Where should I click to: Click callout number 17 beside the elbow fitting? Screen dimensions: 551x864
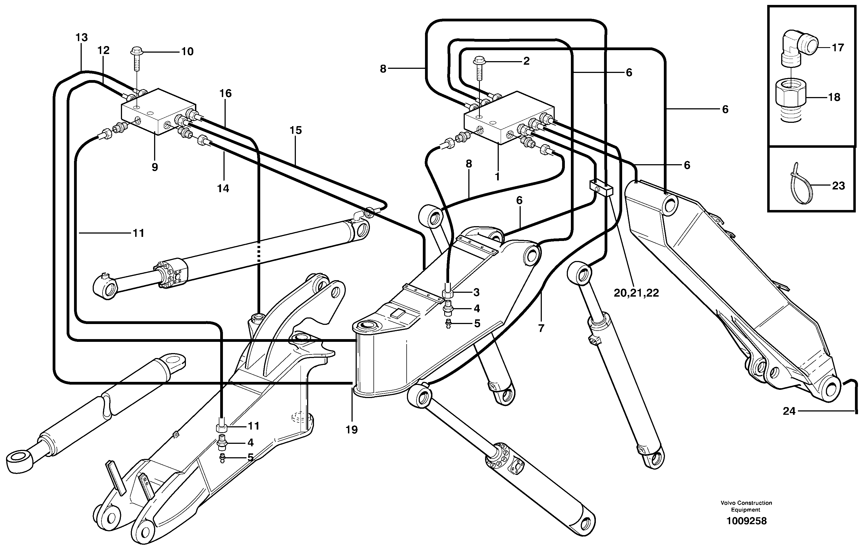click(x=837, y=48)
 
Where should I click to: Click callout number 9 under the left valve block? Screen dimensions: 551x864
click(x=155, y=167)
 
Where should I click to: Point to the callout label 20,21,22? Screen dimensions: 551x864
click(x=636, y=293)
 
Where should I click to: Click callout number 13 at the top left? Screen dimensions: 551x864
click(x=82, y=37)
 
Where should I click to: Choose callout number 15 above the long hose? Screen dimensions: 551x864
click(x=296, y=130)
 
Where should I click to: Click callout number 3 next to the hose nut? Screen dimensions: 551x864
click(x=476, y=292)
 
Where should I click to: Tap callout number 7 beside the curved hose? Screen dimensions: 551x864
click(x=541, y=328)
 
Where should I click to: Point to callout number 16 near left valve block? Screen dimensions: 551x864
click(x=225, y=94)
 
